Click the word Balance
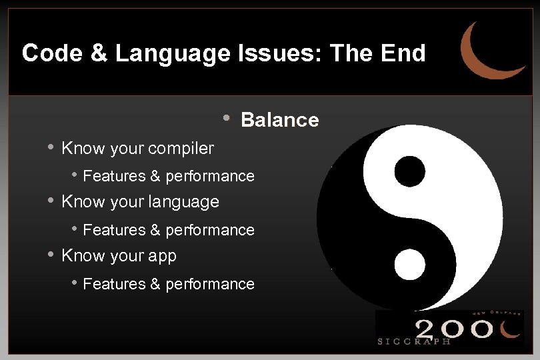279,120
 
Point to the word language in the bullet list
186,201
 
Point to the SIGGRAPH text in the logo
414,341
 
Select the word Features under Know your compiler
114,176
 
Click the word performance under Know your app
210,284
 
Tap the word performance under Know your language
210,230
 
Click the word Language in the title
173,53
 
